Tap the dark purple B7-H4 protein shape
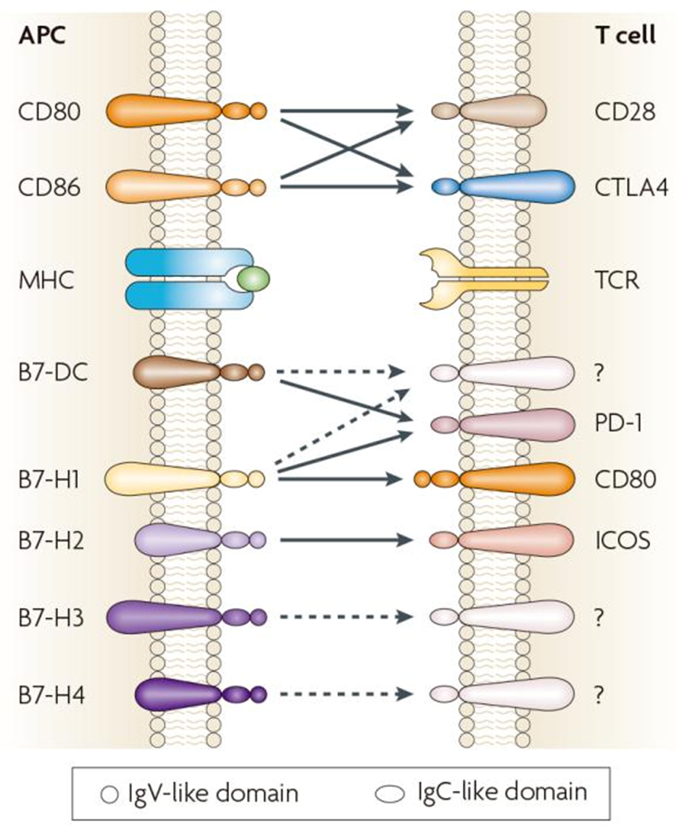181,694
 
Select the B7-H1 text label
44,476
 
